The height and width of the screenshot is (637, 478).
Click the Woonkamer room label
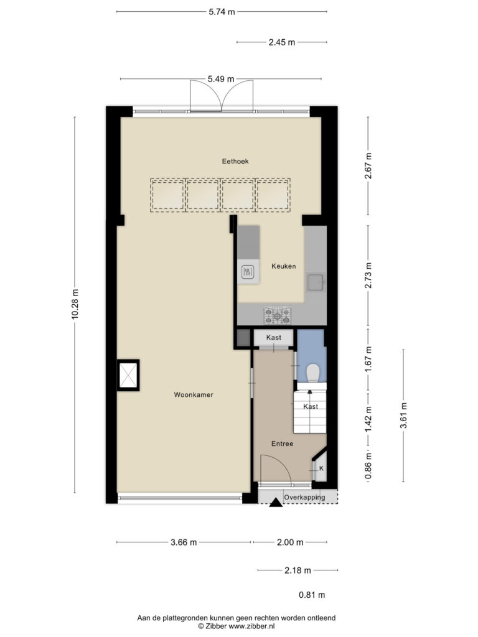pyautogui.click(x=194, y=394)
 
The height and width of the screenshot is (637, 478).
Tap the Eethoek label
pyautogui.click(x=235, y=161)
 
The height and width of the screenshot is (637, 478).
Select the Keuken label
pyautogui.click(x=284, y=266)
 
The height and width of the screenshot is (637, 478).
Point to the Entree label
pyautogui.click(x=282, y=444)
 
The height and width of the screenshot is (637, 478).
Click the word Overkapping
pyautogui.click(x=304, y=497)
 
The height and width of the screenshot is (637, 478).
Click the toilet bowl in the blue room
pyautogui.click(x=312, y=373)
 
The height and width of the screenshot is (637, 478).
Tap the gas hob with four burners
pyautogui.click(x=278, y=315)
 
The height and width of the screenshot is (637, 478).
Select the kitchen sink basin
pyautogui.click(x=316, y=282)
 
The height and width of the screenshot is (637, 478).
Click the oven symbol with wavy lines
pyautogui.click(x=248, y=271)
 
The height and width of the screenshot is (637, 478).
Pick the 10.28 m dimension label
pyautogui.click(x=75, y=304)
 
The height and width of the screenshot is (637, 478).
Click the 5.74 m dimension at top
pyautogui.click(x=222, y=12)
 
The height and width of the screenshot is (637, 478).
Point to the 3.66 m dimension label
pyautogui.click(x=184, y=542)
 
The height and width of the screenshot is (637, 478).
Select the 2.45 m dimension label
pyautogui.click(x=282, y=42)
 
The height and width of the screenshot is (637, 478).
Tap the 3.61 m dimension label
pyautogui.click(x=403, y=416)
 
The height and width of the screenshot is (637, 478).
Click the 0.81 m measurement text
pyautogui.click(x=312, y=595)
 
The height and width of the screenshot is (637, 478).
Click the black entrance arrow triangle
pyautogui.click(x=276, y=503)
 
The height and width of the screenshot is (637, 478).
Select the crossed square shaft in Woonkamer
pyautogui.click(x=128, y=375)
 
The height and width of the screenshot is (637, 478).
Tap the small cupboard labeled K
pyautogui.click(x=320, y=468)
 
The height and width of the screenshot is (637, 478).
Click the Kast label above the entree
pyautogui.click(x=274, y=337)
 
